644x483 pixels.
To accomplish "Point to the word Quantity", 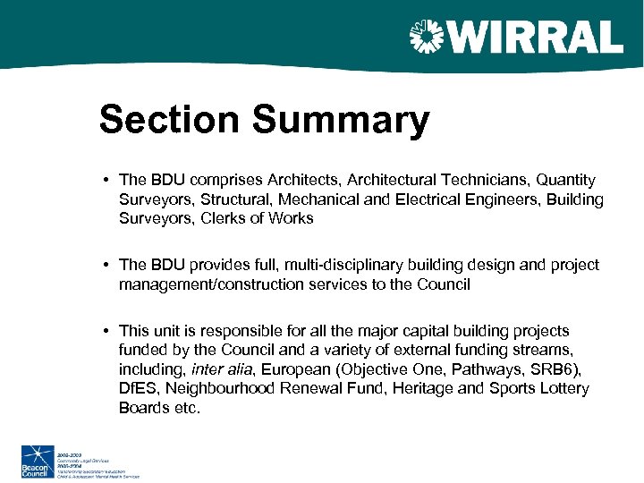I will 566,181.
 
